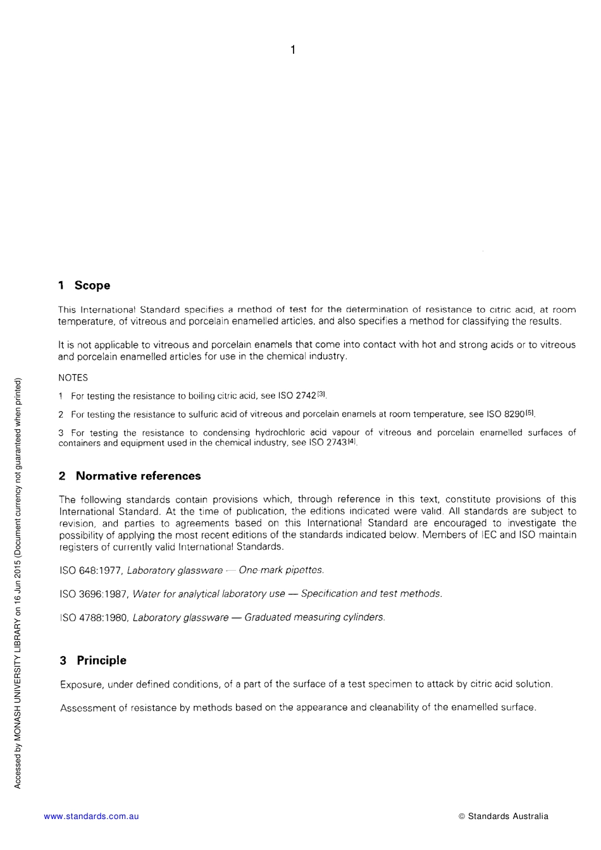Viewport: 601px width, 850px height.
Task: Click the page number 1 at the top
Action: (x=292, y=50)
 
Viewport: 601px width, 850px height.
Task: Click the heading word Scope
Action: (x=92, y=286)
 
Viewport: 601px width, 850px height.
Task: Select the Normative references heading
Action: (x=138, y=476)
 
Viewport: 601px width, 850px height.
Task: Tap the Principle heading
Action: (x=101, y=660)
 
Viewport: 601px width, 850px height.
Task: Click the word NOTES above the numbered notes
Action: (x=73, y=378)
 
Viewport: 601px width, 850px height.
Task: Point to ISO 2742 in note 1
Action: (x=297, y=396)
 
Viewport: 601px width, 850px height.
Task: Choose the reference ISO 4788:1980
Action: (x=94, y=617)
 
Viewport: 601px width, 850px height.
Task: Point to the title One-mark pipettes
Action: (x=281, y=571)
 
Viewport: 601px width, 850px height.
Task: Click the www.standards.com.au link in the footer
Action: (x=91, y=817)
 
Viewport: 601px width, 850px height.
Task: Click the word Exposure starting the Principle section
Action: (x=81, y=684)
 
